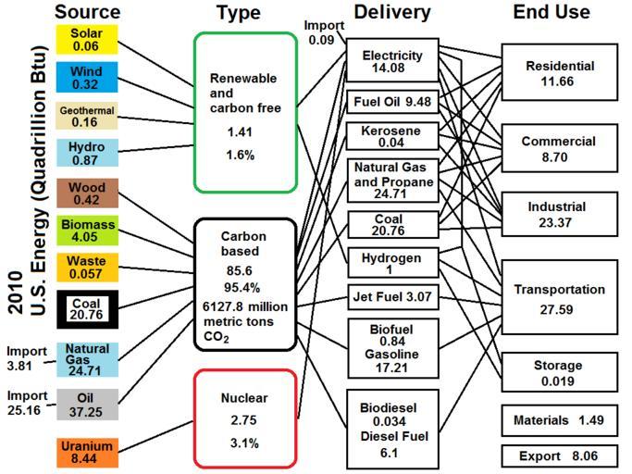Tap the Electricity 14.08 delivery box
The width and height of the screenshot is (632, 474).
[392, 61]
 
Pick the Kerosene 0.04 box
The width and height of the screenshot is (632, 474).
[392, 136]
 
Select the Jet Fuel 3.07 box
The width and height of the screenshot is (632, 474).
[392, 298]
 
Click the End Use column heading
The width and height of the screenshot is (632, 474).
[552, 12]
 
